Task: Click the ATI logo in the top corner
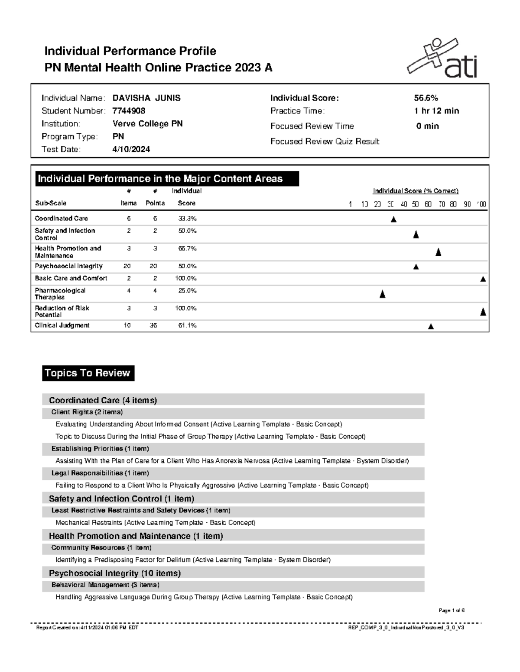(442, 58)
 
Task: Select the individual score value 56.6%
(426, 98)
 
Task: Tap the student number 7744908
(129, 111)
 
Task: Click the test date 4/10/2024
(131, 149)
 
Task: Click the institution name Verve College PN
(147, 124)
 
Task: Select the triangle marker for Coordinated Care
(393, 219)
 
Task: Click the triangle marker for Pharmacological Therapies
(382, 295)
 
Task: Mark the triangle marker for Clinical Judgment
(431, 326)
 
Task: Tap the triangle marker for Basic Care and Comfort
(483, 279)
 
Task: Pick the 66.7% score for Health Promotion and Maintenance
(187, 248)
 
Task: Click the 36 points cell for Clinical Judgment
(153, 325)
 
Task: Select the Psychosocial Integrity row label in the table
(68, 266)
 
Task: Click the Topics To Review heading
(88, 373)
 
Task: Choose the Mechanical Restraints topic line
(155, 522)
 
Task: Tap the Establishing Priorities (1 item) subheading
(100, 449)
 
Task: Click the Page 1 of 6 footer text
(451, 611)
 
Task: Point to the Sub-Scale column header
(50, 203)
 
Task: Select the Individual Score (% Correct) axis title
(416, 191)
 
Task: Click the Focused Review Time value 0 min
(427, 126)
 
